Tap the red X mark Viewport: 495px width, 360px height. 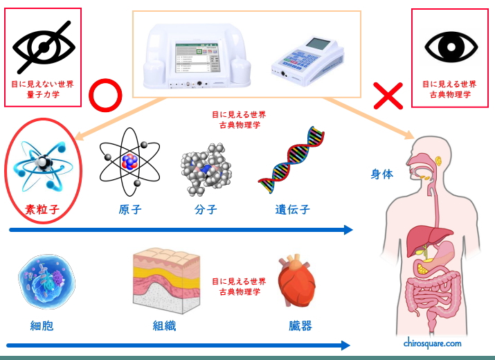click(x=388, y=96)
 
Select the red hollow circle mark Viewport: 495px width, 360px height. click(x=106, y=97)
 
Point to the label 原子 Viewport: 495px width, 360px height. click(x=130, y=209)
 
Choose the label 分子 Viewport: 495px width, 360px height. click(x=206, y=209)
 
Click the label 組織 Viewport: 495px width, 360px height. click(x=164, y=325)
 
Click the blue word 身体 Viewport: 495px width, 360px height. click(x=381, y=174)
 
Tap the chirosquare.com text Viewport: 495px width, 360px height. click(x=432, y=343)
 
